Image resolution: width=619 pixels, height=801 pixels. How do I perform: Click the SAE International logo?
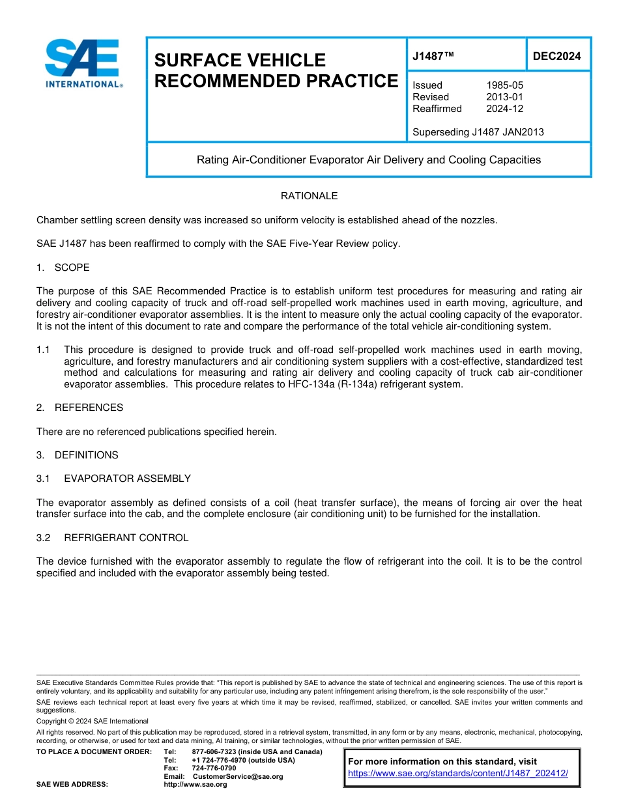click(83, 64)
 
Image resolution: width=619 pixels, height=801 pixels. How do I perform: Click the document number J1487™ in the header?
click(433, 56)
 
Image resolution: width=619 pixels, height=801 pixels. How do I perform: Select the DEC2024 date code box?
click(557, 56)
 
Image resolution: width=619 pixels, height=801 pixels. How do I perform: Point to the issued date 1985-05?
click(504, 85)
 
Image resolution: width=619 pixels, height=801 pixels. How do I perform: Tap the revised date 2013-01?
click(504, 97)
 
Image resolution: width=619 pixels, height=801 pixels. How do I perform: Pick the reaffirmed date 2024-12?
click(504, 109)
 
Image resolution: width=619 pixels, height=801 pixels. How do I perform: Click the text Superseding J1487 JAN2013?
click(478, 132)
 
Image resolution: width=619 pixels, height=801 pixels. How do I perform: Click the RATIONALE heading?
click(309, 196)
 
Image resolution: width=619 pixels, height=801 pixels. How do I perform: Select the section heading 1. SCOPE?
click(63, 268)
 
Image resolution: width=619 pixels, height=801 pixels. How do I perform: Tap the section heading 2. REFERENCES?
click(79, 408)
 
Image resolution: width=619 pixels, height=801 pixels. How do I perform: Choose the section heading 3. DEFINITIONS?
click(78, 455)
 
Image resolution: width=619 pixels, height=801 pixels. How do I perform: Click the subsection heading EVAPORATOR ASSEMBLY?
click(127, 479)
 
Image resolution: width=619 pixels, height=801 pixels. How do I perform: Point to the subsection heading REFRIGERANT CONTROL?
click(126, 538)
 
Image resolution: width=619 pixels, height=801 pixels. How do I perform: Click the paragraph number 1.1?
click(43, 350)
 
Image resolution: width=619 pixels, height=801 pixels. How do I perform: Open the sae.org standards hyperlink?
click(458, 773)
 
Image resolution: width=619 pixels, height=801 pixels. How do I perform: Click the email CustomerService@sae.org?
click(238, 776)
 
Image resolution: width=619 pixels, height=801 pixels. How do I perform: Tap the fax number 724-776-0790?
click(214, 768)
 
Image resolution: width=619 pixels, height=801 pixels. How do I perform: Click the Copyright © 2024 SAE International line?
click(93, 721)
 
